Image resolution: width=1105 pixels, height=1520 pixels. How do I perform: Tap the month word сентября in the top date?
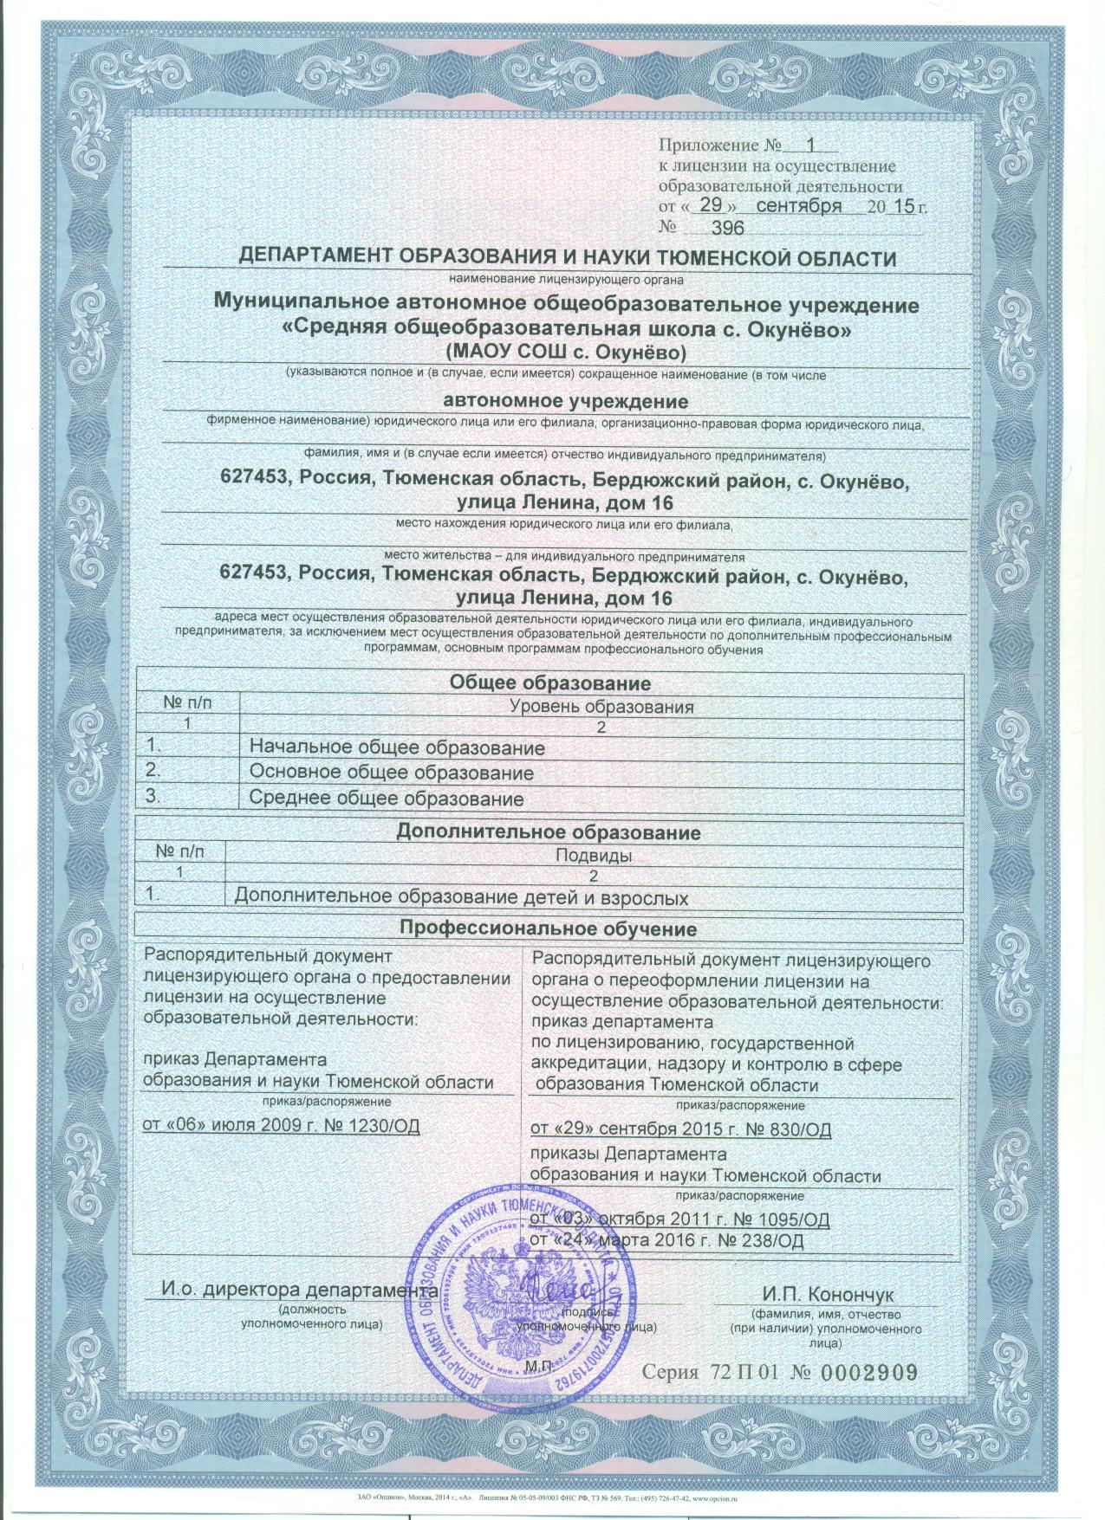pyautogui.click(x=798, y=206)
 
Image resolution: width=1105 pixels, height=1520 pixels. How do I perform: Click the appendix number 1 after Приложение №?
pyautogui.click(x=811, y=146)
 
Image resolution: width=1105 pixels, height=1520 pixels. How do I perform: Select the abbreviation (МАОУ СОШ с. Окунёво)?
pyautogui.click(x=565, y=352)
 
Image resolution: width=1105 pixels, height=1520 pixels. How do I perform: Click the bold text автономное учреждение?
pyautogui.click(x=565, y=401)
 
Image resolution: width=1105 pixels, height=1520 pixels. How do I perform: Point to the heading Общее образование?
pyautogui.click(x=549, y=683)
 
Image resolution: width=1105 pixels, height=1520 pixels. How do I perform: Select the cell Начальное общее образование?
pyautogui.click(x=397, y=747)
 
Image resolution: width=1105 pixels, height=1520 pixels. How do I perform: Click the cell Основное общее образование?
pyautogui.click(x=391, y=772)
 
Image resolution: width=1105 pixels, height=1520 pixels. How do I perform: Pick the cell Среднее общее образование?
pyautogui.click(x=387, y=798)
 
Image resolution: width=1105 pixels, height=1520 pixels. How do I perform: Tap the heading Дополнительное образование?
pyautogui.click(x=548, y=832)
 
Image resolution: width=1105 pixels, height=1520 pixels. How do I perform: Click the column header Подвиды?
pyautogui.click(x=592, y=856)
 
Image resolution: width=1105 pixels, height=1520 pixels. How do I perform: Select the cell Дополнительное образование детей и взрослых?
pyautogui.click(x=462, y=898)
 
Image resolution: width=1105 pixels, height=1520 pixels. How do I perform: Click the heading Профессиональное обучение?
pyautogui.click(x=548, y=929)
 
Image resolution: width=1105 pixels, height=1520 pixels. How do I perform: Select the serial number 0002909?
pyautogui.click(x=867, y=1372)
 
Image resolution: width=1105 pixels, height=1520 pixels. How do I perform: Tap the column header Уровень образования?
pyautogui.click(x=601, y=707)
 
